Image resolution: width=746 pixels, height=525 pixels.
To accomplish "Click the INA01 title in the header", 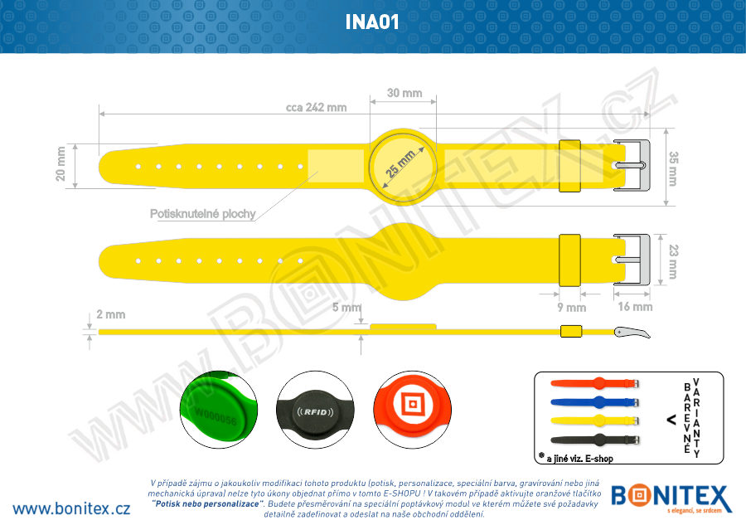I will click(x=373, y=22).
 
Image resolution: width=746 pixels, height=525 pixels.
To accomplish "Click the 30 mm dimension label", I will click(x=404, y=93).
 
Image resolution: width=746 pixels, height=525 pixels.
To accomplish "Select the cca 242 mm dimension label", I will click(x=316, y=108).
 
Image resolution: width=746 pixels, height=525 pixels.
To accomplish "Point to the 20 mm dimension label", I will click(x=61, y=163).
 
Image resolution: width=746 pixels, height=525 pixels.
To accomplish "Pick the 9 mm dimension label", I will click(x=572, y=307).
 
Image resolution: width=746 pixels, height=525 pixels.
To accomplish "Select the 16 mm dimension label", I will click(x=635, y=307).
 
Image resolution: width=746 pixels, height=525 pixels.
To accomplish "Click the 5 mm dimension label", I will click(x=346, y=308).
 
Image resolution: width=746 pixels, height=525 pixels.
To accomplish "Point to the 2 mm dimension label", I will click(x=110, y=314).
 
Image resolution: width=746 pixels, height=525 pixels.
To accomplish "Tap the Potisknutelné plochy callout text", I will click(x=202, y=214).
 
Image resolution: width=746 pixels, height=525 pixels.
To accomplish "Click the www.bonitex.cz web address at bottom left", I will click(x=71, y=508).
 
